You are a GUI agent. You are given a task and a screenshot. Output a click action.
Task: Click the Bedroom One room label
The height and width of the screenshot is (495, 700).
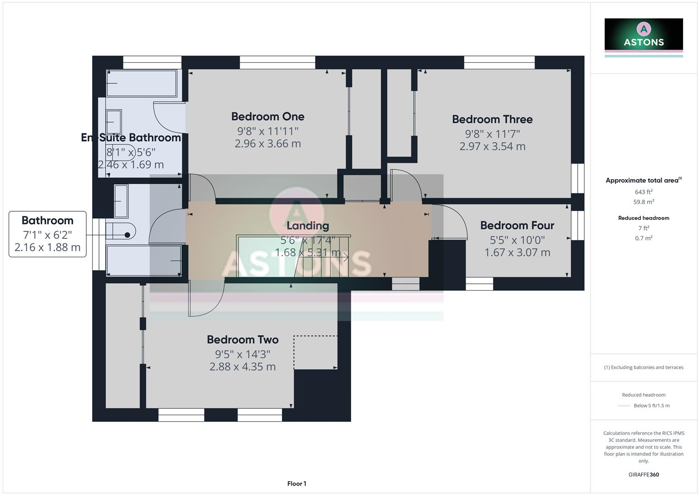click(268, 116)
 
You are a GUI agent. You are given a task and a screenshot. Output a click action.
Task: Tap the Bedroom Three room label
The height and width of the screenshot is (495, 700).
click(492, 119)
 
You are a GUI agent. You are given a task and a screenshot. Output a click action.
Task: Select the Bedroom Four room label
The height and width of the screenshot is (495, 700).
click(517, 225)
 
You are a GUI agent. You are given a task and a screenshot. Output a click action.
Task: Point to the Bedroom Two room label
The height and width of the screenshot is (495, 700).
click(243, 340)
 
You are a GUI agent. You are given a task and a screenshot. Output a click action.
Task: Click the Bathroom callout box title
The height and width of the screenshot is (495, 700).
click(47, 220)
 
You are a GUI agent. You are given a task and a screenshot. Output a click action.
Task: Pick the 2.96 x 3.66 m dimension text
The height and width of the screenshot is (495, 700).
click(268, 144)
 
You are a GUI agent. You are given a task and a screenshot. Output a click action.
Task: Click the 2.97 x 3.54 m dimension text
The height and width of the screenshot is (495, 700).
click(492, 147)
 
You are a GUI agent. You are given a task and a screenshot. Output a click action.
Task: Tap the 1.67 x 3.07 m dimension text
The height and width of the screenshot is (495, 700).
click(517, 253)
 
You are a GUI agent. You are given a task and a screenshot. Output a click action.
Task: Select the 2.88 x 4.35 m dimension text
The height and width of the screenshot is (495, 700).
click(243, 367)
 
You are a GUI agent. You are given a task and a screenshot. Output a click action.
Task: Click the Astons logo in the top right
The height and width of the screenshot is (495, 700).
click(644, 35)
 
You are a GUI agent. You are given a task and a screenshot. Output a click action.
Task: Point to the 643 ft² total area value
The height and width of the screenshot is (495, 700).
click(644, 192)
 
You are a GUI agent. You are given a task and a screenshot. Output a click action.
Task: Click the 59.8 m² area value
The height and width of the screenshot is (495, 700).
click(644, 202)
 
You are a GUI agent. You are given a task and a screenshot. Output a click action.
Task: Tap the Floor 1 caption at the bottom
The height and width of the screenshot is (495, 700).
click(297, 484)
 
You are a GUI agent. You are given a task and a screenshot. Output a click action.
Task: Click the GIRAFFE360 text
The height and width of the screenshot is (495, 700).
click(644, 475)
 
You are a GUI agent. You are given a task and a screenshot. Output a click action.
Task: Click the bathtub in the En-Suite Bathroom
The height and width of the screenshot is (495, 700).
click(142, 83)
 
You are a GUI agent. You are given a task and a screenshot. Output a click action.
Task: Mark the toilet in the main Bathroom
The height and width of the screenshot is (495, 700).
click(120, 231)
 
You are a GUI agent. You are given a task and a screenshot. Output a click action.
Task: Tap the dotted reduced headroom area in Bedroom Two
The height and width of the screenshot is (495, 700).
click(316, 352)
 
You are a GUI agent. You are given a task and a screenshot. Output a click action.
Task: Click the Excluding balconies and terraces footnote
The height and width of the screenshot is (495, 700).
click(644, 368)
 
